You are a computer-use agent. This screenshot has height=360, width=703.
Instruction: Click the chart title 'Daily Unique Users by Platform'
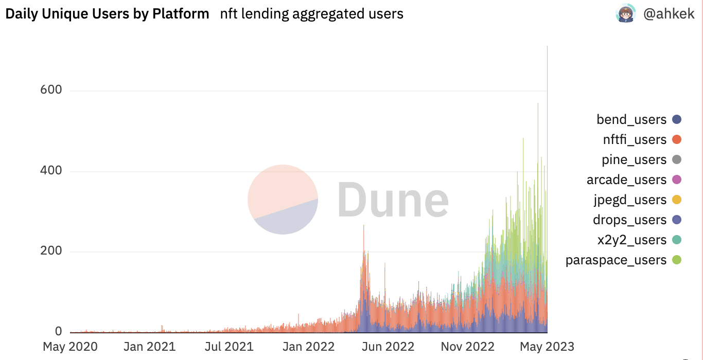click(107, 14)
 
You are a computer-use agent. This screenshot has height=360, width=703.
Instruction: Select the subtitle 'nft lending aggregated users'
click(311, 14)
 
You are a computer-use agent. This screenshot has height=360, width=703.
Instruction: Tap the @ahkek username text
click(669, 14)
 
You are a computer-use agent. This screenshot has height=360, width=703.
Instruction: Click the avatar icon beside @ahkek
click(626, 14)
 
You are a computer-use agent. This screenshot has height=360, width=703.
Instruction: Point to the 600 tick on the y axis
click(51, 90)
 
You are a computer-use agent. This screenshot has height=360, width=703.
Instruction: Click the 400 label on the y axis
click(51, 171)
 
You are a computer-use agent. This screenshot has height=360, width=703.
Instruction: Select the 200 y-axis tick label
click(51, 251)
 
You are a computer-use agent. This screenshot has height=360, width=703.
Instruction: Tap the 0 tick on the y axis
click(58, 331)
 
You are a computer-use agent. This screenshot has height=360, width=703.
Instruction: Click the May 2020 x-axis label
click(70, 347)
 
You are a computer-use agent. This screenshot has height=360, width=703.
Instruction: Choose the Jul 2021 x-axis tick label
click(229, 347)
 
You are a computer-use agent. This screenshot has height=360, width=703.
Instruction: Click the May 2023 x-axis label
click(547, 347)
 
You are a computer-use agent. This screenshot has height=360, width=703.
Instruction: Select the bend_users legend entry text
click(631, 120)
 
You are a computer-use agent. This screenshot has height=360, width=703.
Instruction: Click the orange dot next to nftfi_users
click(677, 139)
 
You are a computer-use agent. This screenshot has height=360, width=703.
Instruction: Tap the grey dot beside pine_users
click(677, 159)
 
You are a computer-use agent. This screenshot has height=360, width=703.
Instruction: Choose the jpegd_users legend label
click(629, 200)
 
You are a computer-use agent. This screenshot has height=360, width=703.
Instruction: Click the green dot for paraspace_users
click(677, 260)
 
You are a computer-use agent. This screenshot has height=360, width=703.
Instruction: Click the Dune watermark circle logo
click(283, 200)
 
